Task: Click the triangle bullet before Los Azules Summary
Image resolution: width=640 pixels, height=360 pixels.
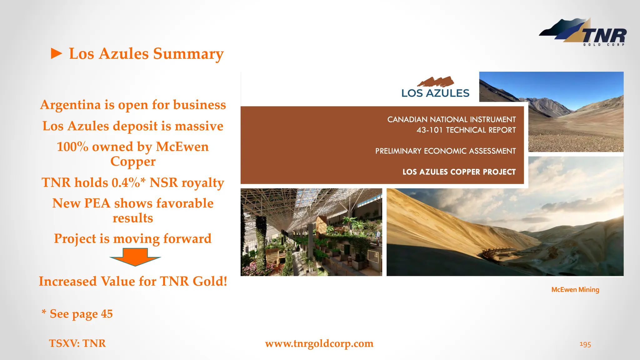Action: coord(57,54)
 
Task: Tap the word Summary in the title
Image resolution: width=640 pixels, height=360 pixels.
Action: coord(188,54)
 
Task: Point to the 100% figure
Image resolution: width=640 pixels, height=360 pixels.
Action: coord(72,147)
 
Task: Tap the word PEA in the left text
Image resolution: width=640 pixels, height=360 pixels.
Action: coord(97,203)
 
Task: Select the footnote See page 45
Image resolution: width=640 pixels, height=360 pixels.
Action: coord(81,314)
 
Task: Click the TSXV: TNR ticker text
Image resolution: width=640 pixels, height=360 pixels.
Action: coord(77,343)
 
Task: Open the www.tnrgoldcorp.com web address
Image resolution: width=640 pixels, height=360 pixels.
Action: coord(319,343)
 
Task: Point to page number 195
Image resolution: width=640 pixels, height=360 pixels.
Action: coord(585,344)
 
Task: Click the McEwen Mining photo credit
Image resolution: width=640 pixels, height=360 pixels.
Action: coord(575,290)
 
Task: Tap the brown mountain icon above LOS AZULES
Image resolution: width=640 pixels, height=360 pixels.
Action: coord(436,82)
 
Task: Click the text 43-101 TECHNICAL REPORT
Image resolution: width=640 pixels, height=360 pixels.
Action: coord(466,130)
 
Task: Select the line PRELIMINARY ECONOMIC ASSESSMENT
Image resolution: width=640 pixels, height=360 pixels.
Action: coord(445,151)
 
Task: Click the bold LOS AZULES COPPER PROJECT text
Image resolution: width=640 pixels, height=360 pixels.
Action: coord(459,172)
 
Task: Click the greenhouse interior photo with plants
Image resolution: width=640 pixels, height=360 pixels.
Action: coord(311,232)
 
